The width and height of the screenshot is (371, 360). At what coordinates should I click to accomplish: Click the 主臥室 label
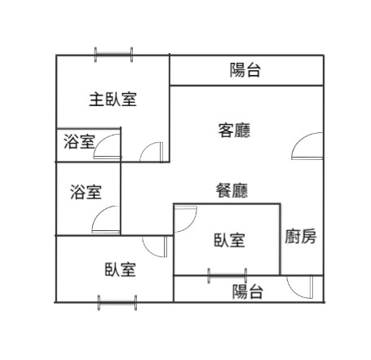pos(113,100)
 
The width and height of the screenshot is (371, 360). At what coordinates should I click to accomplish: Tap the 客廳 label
pos(234,131)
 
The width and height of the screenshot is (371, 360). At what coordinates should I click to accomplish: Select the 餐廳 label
pos(232,190)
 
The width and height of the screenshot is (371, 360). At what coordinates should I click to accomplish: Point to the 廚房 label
pos(301,236)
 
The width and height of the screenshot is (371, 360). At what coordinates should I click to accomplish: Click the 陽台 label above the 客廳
pos(245,70)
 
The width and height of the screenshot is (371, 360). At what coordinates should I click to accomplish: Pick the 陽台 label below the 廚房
pos(247,291)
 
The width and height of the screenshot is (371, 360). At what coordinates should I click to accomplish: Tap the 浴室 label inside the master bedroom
pos(79,141)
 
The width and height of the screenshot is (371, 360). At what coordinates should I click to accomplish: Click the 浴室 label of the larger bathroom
pos(86,192)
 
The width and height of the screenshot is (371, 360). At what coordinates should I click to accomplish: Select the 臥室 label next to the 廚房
pos(230,240)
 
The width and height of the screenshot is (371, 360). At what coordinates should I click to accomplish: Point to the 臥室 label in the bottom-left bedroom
pos(121,269)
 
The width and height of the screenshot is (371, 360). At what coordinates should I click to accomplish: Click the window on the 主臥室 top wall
pos(113,55)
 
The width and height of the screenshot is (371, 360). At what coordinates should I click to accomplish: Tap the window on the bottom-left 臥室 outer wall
pos(117,303)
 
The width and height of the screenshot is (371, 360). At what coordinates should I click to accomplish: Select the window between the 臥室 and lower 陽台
pos(227,276)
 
